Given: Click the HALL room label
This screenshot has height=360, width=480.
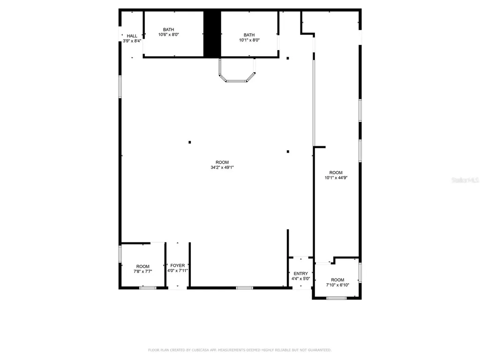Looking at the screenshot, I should point(132,36).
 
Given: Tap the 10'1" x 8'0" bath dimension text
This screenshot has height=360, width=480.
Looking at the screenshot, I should point(249,40).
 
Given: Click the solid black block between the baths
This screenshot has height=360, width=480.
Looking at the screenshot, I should point(212,34).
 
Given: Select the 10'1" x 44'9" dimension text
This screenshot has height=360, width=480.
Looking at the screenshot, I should point(336,178).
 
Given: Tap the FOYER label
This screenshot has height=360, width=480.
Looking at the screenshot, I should point(178,265).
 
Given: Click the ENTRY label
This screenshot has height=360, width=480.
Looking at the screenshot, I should point(301,273).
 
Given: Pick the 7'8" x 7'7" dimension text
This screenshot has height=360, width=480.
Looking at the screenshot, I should point(143,271).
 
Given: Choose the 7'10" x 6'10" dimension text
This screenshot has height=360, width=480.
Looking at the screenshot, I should point(337,285).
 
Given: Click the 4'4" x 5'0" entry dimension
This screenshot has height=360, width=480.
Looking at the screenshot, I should point(301,278).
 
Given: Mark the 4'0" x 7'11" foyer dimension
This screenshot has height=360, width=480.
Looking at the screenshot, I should point(178,270).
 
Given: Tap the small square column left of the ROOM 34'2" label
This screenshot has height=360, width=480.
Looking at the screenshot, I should point(190,142).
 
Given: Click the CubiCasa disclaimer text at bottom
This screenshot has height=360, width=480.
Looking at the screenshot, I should point(240,350).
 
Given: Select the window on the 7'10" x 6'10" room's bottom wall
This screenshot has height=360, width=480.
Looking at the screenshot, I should point(336,298).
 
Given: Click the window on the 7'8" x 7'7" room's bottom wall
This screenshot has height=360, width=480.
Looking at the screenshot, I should point(148,287).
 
